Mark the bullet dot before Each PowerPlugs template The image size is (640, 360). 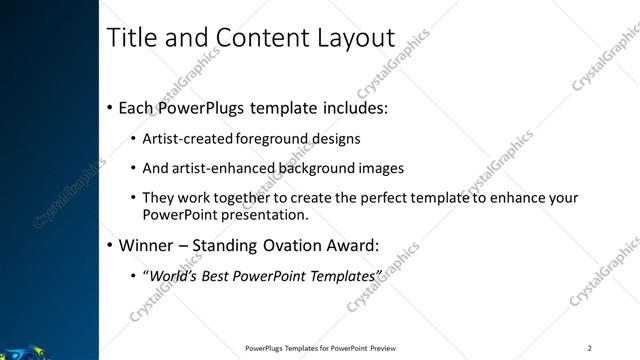coord(108,108)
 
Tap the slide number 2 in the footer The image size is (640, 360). coord(590,348)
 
